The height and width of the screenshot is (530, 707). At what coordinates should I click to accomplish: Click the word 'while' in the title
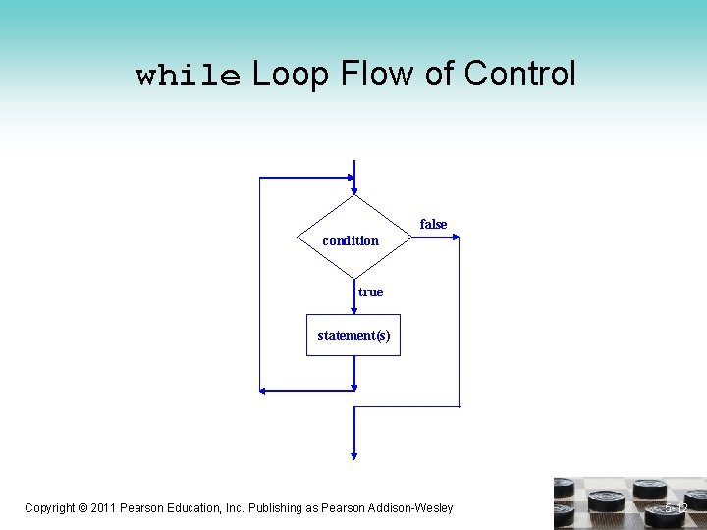coord(188,76)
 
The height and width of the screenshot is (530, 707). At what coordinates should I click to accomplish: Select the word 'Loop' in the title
coord(291,74)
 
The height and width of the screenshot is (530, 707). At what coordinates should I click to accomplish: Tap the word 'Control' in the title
coord(519,74)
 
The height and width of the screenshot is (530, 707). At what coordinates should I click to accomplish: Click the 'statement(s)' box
coord(353,335)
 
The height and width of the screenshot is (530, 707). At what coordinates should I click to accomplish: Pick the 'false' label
coord(433,224)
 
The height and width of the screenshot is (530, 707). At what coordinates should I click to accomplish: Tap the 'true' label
coord(370,291)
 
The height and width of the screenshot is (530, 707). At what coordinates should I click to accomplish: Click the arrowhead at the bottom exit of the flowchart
coord(354,454)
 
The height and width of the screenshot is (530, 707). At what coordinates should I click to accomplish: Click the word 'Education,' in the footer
coord(200,507)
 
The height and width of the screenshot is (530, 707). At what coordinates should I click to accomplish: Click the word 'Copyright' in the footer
coord(49,507)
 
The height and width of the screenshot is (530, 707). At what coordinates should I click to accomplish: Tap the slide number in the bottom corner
coord(676,508)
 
